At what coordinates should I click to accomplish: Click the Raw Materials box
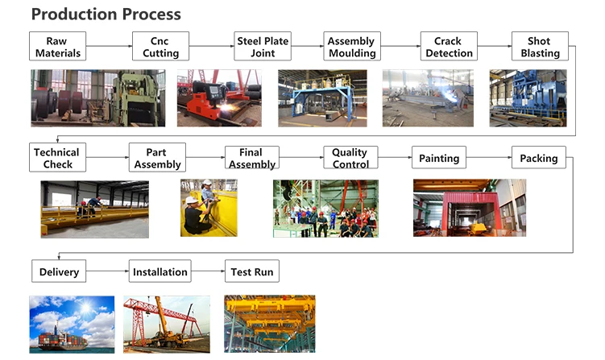click(x=57, y=47)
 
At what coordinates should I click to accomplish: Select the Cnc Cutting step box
click(x=160, y=47)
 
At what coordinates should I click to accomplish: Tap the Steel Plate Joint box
click(x=263, y=47)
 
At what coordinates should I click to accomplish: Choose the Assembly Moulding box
click(x=352, y=47)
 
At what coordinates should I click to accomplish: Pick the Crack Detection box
click(x=449, y=47)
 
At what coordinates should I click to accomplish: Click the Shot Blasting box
click(x=540, y=47)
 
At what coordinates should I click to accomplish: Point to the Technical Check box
click(x=57, y=158)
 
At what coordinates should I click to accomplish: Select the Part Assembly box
click(x=157, y=158)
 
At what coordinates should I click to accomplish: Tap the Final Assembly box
click(x=251, y=158)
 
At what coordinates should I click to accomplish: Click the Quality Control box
click(x=350, y=158)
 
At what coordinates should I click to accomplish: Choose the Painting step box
click(x=439, y=158)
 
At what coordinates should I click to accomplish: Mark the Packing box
click(x=539, y=158)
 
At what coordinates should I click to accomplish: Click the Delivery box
click(x=60, y=271)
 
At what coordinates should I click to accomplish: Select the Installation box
click(x=160, y=271)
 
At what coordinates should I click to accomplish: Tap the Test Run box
click(x=252, y=271)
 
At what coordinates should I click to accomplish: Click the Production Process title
click(x=106, y=14)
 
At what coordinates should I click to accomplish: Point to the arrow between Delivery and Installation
click(x=108, y=271)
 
